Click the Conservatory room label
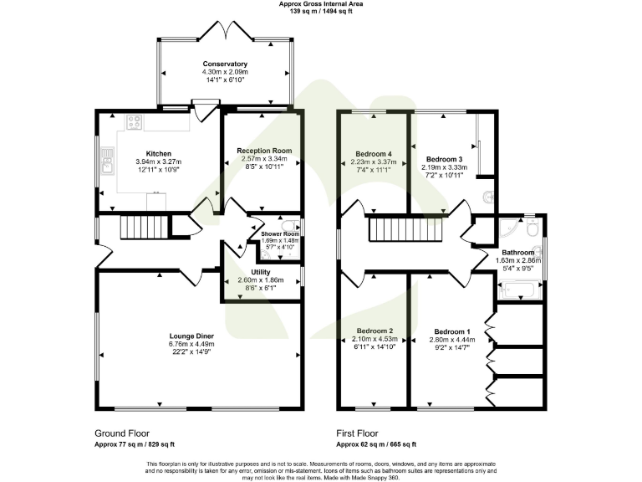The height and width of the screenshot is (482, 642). (225, 64)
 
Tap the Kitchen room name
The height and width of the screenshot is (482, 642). (159, 154)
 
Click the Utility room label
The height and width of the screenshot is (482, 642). (262, 272)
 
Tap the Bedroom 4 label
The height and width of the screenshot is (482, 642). (374, 154)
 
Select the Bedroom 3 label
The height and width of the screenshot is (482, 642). (444, 159)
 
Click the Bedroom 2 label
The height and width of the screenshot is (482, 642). (374, 331)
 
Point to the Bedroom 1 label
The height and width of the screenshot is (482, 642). (451, 331)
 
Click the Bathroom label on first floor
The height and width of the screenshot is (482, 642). (517, 252)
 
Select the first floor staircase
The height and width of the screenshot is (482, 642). (392, 227)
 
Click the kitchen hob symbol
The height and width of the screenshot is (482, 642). (135, 122)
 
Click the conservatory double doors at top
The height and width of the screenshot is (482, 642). (225, 32)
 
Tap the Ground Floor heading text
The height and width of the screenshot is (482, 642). (122, 434)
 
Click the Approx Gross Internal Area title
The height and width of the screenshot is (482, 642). (321, 4)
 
